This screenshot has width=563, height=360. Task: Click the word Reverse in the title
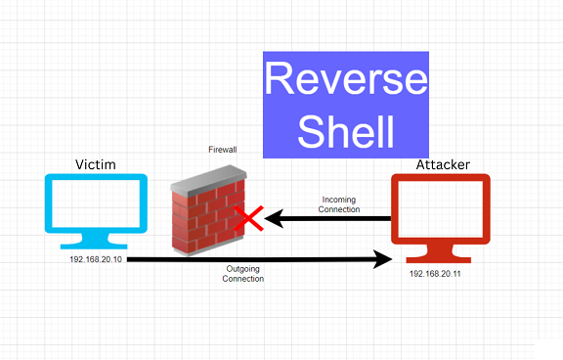click(346, 79)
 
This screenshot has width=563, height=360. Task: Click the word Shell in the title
click(346, 129)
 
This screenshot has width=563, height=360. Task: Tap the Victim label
click(96, 164)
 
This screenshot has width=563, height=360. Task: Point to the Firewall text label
click(223, 151)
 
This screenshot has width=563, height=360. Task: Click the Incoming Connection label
click(340, 204)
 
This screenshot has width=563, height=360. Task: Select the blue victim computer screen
click(96, 205)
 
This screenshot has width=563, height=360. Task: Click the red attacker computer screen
click(439, 206)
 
